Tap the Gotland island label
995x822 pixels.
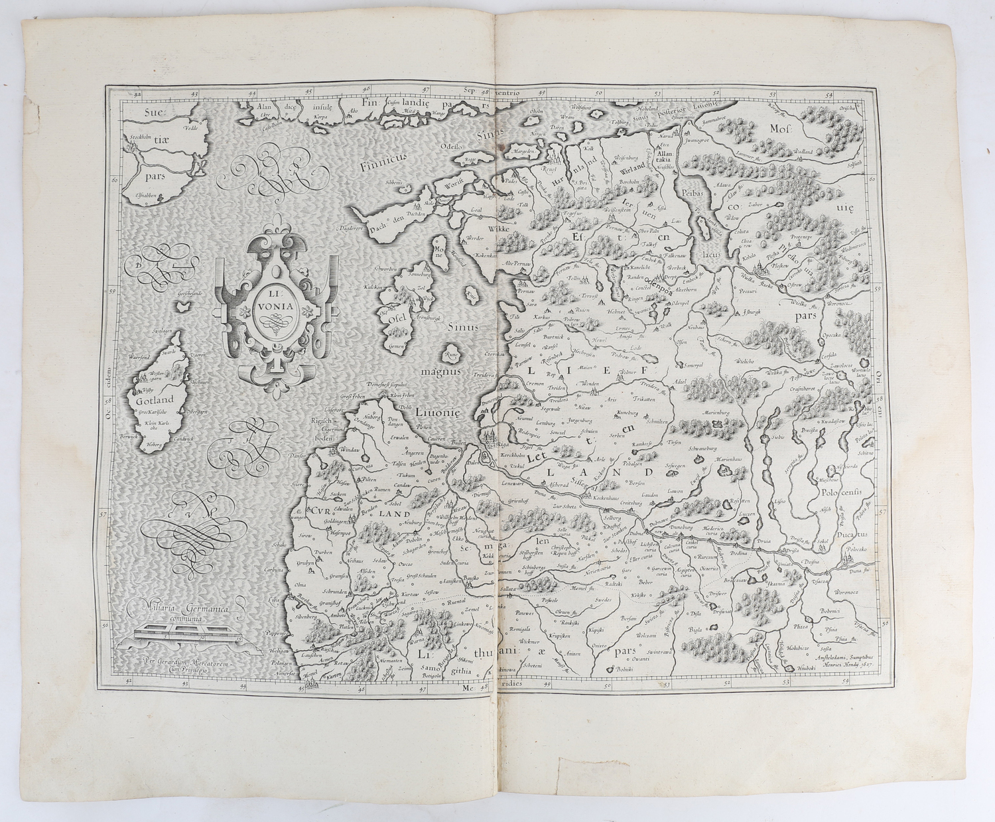pos(152,400)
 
